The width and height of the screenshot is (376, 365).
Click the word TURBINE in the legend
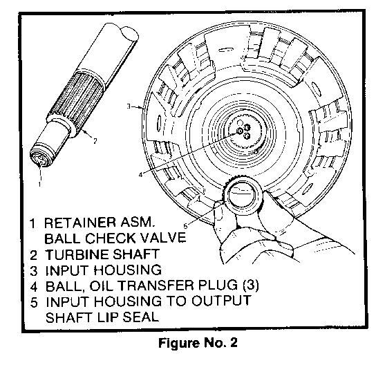click(x=77, y=254)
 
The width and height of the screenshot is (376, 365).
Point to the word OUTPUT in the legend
click(x=221, y=301)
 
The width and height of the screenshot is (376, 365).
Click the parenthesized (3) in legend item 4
click(x=251, y=286)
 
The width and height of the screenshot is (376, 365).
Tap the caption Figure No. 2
click(x=198, y=343)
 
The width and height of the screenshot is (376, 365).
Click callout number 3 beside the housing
click(x=129, y=106)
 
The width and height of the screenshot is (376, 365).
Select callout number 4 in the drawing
click(x=140, y=175)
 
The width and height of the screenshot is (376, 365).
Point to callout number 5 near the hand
click(x=185, y=226)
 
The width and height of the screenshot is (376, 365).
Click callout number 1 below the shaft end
click(x=39, y=184)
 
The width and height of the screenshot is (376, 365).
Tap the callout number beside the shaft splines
click(x=95, y=141)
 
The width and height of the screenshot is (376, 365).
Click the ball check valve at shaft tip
click(x=39, y=158)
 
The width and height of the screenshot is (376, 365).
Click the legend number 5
click(x=34, y=301)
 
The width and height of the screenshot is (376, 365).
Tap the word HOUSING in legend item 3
click(x=128, y=270)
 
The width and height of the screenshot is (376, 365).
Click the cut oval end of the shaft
click(x=129, y=34)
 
